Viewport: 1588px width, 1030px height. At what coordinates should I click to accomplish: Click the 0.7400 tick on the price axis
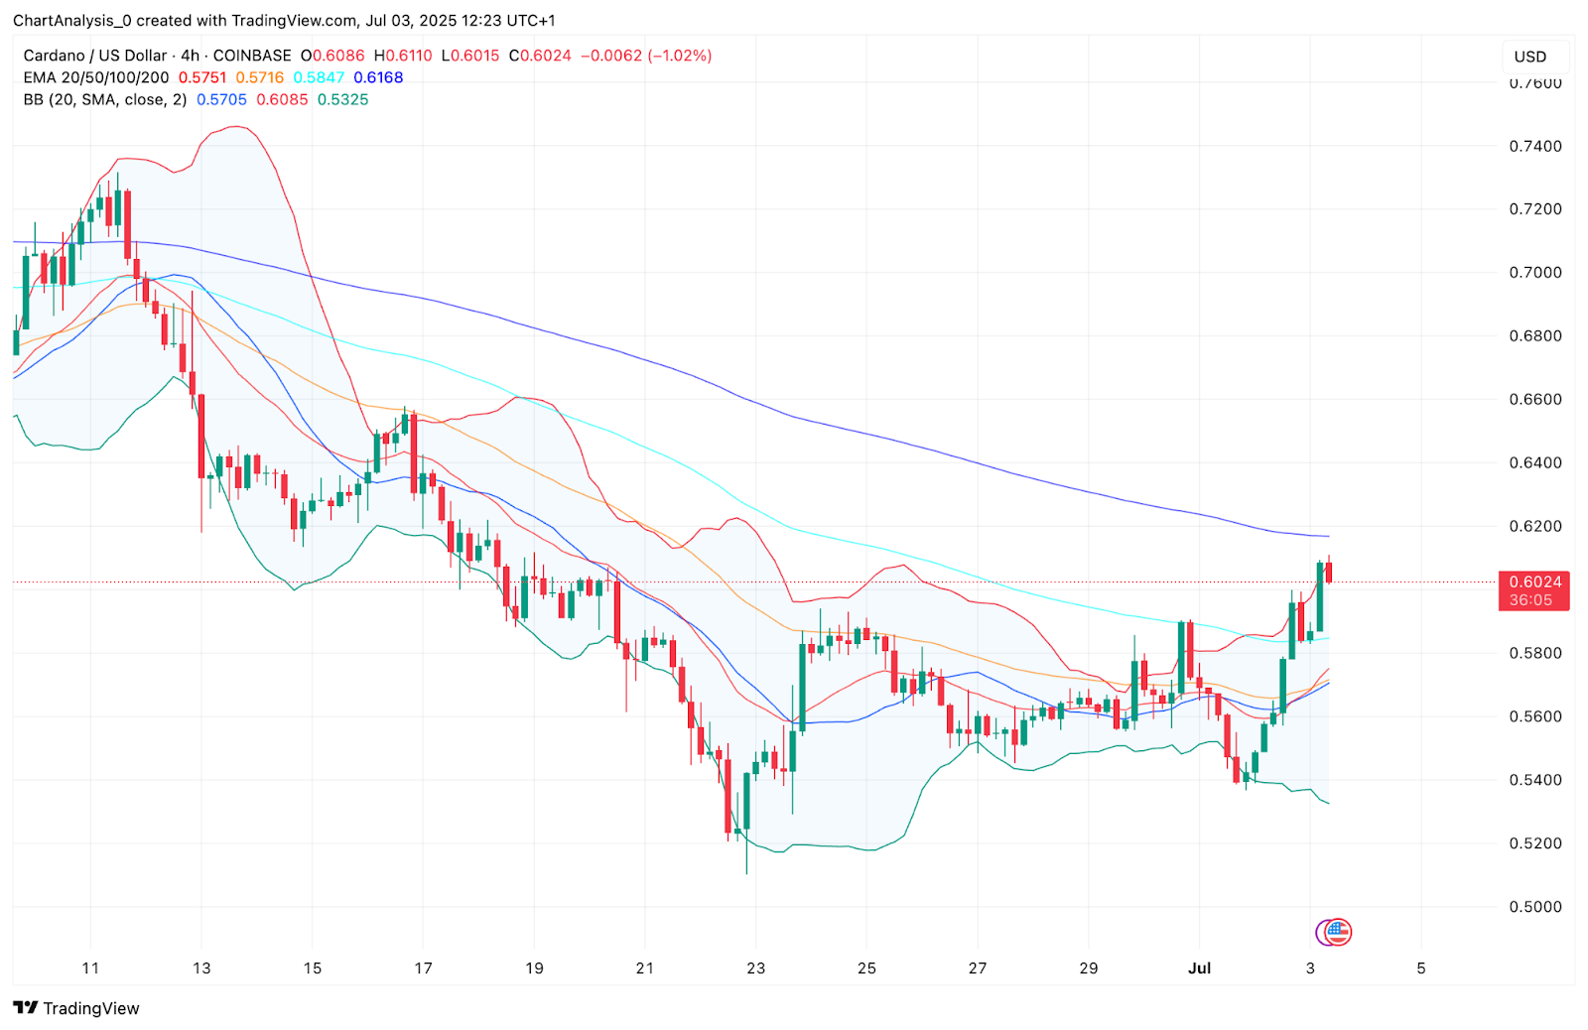pyautogui.click(x=1534, y=146)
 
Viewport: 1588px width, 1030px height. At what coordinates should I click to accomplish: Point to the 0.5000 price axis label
pyautogui.click(x=1534, y=907)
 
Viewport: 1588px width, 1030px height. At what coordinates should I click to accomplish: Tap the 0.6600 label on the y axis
pyautogui.click(x=1534, y=400)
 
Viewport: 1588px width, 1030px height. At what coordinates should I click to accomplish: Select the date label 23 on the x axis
pyautogui.click(x=755, y=968)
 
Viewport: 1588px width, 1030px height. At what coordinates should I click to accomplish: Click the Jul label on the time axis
pyautogui.click(x=1199, y=968)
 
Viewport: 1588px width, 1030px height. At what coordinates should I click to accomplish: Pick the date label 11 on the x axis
pyautogui.click(x=90, y=968)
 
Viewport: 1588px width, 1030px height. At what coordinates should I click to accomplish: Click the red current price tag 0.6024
pyautogui.click(x=1534, y=582)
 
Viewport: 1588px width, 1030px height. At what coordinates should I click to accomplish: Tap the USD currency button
pyautogui.click(x=1529, y=57)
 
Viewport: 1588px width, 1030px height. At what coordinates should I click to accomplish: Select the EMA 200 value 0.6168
pyautogui.click(x=378, y=77)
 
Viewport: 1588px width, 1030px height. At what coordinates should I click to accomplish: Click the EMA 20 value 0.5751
pyautogui.click(x=202, y=77)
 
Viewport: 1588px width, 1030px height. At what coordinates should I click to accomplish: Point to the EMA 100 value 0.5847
pyautogui.click(x=319, y=77)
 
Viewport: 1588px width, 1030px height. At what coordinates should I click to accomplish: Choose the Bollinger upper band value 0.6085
pyautogui.click(x=282, y=99)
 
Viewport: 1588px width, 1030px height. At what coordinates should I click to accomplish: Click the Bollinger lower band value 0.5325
pyautogui.click(x=342, y=99)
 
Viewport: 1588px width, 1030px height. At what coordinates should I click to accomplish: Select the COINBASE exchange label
pyautogui.click(x=252, y=56)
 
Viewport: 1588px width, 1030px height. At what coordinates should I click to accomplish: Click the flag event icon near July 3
pyautogui.click(x=1338, y=932)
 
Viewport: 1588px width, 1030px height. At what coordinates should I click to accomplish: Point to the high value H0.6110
pyautogui.click(x=403, y=56)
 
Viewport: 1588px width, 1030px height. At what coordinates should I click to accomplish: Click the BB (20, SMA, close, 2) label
pyautogui.click(x=105, y=99)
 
